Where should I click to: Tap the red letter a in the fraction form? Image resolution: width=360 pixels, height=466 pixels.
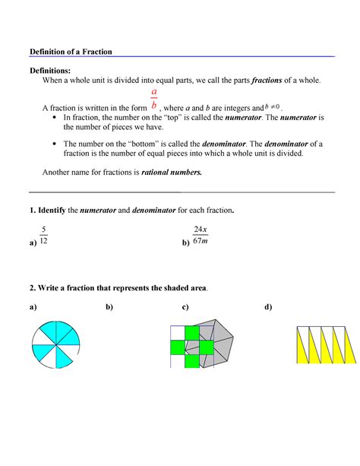coord(154,92)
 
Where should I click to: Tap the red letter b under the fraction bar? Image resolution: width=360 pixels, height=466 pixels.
coord(154,106)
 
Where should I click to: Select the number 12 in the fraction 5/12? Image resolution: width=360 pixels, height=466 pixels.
coord(45,241)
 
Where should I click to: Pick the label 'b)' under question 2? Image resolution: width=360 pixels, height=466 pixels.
coord(109,308)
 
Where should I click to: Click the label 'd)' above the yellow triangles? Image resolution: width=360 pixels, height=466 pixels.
coord(267,308)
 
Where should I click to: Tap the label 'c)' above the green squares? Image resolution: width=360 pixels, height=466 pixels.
coord(185,308)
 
